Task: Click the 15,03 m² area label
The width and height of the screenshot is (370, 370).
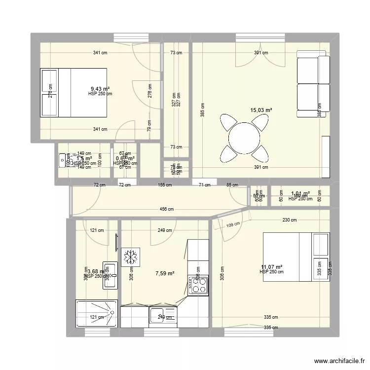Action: click(262, 111)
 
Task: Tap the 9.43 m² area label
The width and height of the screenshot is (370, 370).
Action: click(100, 89)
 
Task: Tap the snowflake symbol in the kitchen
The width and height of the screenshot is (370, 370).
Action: click(131, 257)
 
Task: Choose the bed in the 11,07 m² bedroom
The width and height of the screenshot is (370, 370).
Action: click(295, 257)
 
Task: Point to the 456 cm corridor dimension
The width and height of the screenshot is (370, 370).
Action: click(167, 209)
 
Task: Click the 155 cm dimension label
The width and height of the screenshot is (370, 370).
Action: click(165, 185)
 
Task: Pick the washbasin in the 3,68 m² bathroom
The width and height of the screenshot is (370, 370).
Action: click(110, 275)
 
